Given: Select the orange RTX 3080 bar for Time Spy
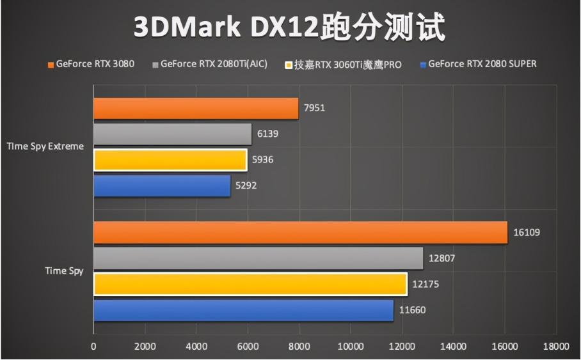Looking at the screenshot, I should (x=300, y=232).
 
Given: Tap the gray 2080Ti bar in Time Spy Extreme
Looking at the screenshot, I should (x=172, y=134).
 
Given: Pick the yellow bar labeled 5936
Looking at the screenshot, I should (x=170, y=160).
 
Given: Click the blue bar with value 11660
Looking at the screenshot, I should (x=243, y=311).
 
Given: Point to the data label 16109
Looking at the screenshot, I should (x=527, y=233).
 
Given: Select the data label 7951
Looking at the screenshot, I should (x=314, y=108).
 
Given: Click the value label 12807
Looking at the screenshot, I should (x=442, y=258).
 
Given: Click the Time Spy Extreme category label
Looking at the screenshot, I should (x=45, y=146).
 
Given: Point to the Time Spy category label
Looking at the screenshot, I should (x=64, y=271).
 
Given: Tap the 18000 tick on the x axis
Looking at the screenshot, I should (x=555, y=347).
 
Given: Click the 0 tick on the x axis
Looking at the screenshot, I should (x=93, y=347).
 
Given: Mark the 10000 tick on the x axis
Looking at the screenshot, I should (x=350, y=347).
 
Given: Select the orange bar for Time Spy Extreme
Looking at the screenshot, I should (x=196, y=109).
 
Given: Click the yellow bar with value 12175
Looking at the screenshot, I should (x=250, y=284).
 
